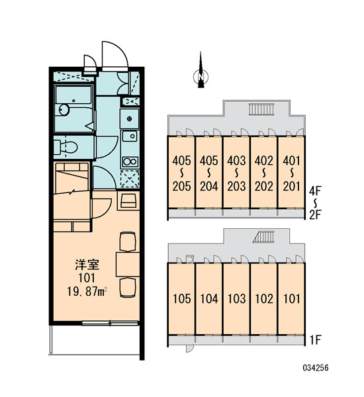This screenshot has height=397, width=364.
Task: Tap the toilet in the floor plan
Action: pos(66,148)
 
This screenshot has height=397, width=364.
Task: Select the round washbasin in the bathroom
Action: pos(64,110)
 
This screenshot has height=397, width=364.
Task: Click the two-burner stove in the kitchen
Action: pos(130,161)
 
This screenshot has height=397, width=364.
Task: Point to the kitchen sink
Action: pos(130,136)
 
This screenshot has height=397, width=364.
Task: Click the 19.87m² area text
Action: pos(87,292)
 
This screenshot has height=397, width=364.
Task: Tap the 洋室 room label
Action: pos(87,265)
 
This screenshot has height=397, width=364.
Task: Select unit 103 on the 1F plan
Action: pos(236,299)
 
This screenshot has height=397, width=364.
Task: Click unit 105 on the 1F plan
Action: pos(181,299)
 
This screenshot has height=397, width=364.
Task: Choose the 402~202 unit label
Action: pos(264,173)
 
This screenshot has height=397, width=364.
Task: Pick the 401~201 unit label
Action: pos(292,173)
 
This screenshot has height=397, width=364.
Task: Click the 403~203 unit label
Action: pos(236,173)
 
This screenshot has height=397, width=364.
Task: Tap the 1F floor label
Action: pos(315,340)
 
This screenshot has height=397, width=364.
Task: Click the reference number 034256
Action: pos(316,367)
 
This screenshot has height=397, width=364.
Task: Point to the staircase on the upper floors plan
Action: pos(261,109)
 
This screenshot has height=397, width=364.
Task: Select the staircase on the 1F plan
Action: pos(263,237)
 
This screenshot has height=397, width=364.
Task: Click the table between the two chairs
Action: pos(128,264)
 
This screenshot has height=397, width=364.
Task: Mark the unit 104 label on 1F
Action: pos(209,299)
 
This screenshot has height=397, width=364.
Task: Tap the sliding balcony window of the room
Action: pos(110,323)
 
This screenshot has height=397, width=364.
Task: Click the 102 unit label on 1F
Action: pos(264,299)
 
